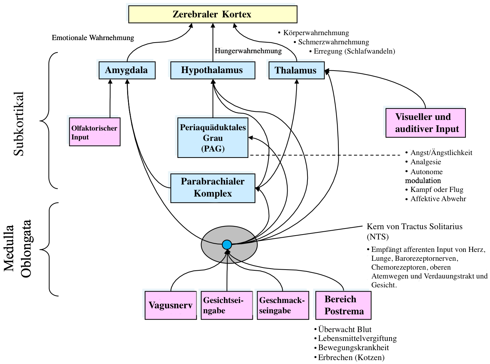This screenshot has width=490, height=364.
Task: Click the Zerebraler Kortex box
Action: (x=213, y=14)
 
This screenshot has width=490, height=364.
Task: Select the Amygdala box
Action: (x=127, y=70)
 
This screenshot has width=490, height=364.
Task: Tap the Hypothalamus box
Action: (x=213, y=70)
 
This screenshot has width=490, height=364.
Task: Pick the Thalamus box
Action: (x=296, y=70)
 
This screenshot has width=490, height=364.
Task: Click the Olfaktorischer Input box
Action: (x=95, y=132)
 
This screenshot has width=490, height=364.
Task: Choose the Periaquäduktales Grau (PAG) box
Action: (x=213, y=138)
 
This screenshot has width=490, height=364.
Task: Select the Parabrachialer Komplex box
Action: (x=213, y=188)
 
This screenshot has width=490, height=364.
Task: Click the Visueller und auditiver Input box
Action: (x=425, y=123)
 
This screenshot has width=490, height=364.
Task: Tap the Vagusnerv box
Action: (x=171, y=305)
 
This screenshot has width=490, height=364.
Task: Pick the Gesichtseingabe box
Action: (x=227, y=305)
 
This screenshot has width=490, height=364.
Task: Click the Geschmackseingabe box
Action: (x=283, y=305)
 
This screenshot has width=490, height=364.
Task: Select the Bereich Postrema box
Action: (x=343, y=305)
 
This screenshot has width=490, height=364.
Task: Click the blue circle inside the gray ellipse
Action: (x=227, y=245)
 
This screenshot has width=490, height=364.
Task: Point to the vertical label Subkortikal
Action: (x=18, y=124)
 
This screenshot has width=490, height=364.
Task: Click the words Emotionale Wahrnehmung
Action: (x=93, y=38)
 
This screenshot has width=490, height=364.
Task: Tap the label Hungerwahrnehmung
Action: (x=248, y=51)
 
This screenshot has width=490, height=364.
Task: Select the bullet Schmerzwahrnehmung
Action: (x=331, y=42)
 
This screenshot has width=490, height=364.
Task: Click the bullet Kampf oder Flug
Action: (x=434, y=189)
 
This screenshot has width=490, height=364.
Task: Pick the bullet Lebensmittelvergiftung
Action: (x=355, y=338)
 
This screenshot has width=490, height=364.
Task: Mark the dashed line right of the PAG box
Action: (x=325, y=155)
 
